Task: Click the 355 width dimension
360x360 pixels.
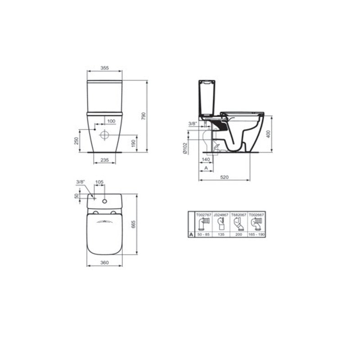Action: pyautogui.click(x=104, y=68)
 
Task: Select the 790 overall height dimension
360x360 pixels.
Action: pyautogui.click(x=144, y=116)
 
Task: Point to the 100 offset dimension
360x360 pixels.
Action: pyautogui.click(x=111, y=121)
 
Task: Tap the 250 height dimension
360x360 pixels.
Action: pyautogui.click(x=76, y=141)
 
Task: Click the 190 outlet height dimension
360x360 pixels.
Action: pyautogui.click(x=133, y=143)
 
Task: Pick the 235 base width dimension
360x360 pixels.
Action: pyautogui.click(x=104, y=160)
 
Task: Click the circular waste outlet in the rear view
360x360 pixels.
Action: pyautogui.click(x=104, y=134)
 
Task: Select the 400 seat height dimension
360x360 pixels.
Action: pyautogui.click(x=269, y=134)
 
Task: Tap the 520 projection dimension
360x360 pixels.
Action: pyautogui.click(x=225, y=177)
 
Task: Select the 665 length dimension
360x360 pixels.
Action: pyautogui.click(x=134, y=224)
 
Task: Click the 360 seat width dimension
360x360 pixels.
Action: pyautogui.click(x=104, y=262)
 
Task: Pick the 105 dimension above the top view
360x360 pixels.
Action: pyautogui.click(x=99, y=183)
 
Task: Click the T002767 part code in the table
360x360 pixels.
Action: pyautogui.click(x=204, y=215)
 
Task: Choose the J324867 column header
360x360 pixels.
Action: pyautogui.click(x=221, y=215)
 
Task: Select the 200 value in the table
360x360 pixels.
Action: pyautogui.click(x=238, y=235)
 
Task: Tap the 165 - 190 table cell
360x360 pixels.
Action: pyautogui.click(x=256, y=235)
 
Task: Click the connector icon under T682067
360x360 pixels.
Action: pyautogui.click(x=238, y=225)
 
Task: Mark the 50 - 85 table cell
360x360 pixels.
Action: pyautogui.click(x=204, y=235)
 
